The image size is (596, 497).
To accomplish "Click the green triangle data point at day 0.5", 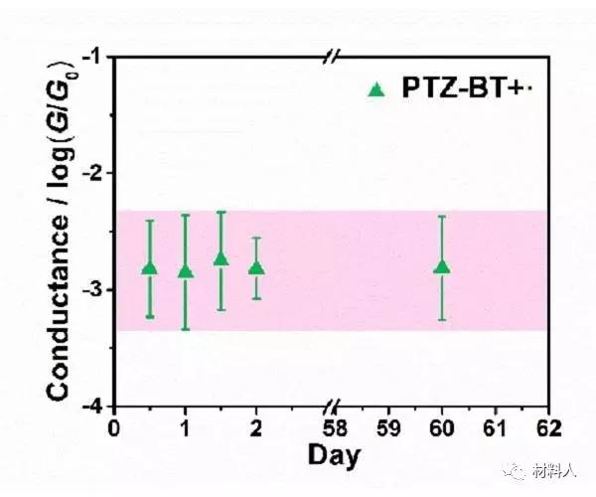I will (x=150, y=268).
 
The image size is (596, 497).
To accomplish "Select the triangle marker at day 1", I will (x=185, y=270).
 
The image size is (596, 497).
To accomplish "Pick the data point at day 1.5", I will (x=221, y=258).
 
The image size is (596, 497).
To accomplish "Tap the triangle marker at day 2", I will (x=256, y=267).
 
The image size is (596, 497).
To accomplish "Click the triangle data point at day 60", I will (x=442, y=266).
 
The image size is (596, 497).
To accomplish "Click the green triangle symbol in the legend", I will (x=375, y=90).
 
